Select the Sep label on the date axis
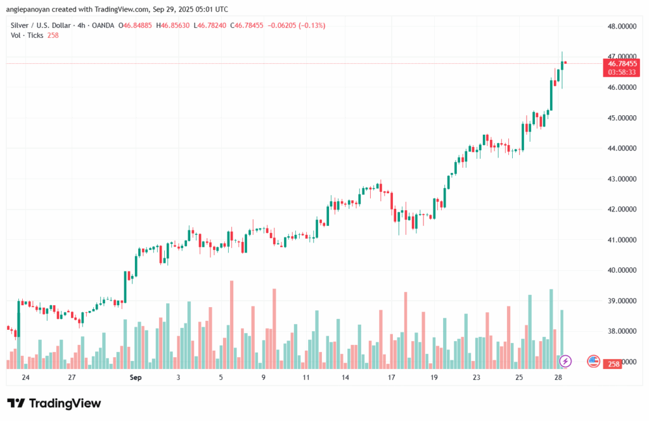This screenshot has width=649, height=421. tap(135, 377)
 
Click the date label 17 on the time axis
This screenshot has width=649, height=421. tap(392, 377)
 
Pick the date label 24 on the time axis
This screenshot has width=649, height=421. tap(25, 377)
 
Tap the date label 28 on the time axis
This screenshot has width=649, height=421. tap(557, 377)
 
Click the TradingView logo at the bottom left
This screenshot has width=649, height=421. tap(54, 403)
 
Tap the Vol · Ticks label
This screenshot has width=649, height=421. tap(27, 36)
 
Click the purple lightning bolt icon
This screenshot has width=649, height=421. tap(565, 361)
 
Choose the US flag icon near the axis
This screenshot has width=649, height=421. tap(593, 361)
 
